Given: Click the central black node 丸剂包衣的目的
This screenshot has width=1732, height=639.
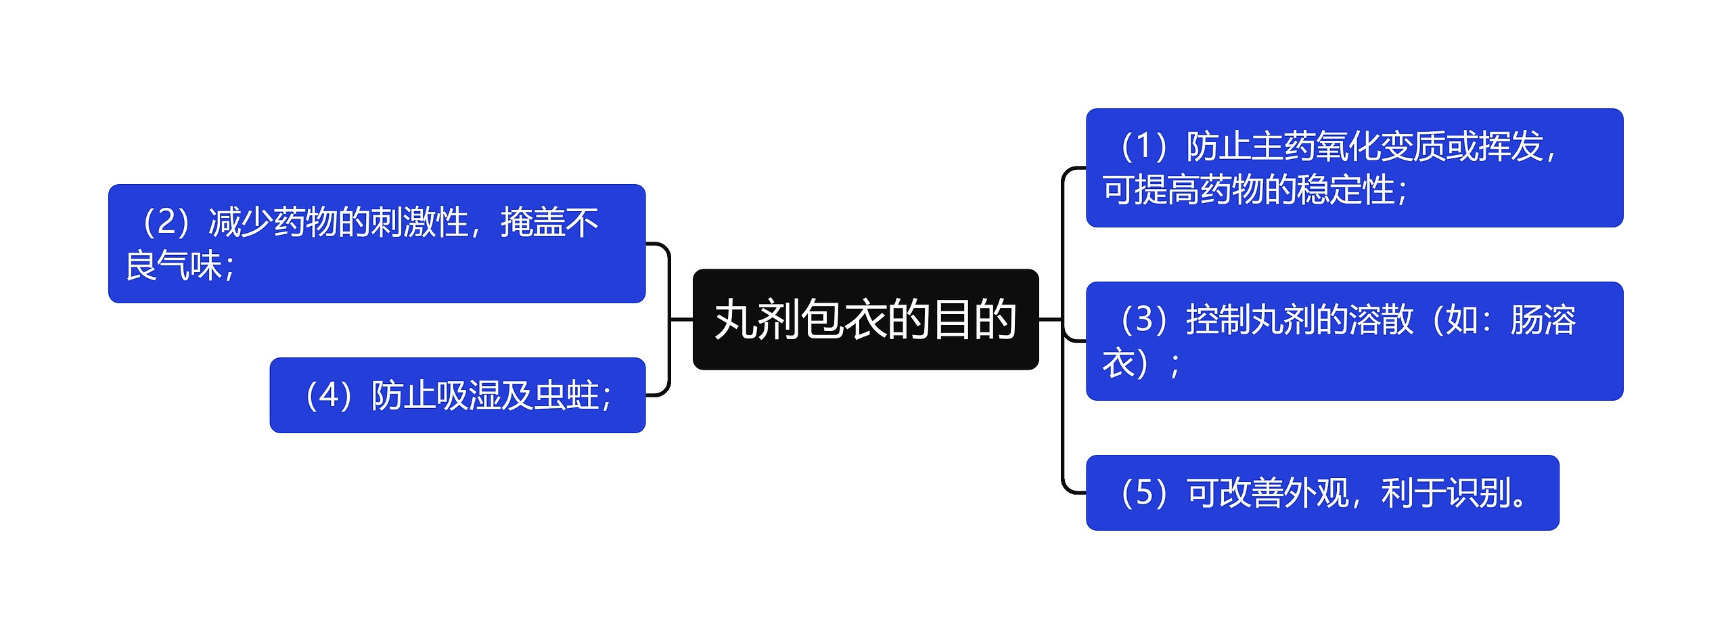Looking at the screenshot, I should (x=865, y=319).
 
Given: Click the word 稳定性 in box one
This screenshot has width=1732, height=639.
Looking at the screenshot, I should (x=1363, y=190).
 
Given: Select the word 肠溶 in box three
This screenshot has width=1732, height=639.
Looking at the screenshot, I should (x=1543, y=320).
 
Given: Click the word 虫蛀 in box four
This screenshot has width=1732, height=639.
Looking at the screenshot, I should (x=567, y=396).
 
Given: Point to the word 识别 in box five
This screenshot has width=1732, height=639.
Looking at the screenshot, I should (x=1478, y=493).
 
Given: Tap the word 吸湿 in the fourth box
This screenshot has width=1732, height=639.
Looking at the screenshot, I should (x=469, y=396).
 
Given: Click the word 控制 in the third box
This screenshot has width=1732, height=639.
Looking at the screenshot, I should (x=1218, y=320).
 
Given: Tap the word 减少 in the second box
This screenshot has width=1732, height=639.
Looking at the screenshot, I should (x=240, y=223).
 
